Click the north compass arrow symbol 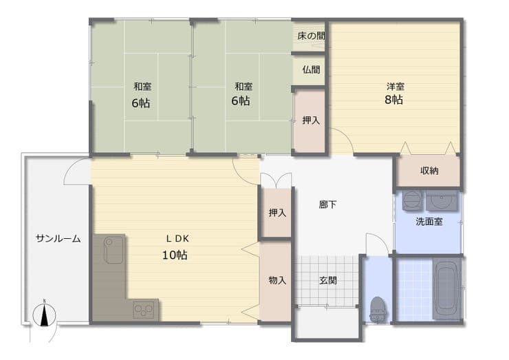[x=45, y=315]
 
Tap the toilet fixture [x=378, y=310]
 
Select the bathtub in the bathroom [x=447, y=289]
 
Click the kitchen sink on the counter [x=113, y=250]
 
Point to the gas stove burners [x=144, y=310]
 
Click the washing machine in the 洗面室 [x=413, y=200]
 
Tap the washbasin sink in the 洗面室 [x=442, y=200]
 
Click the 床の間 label [x=311, y=36]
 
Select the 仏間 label [x=312, y=70]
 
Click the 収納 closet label [x=429, y=171]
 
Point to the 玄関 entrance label [x=328, y=280]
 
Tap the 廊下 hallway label [x=327, y=204]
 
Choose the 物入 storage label [x=277, y=280]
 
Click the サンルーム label [x=58, y=239]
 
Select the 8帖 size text [x=393, y=99]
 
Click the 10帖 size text [x=175, y=255]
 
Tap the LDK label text [x=177, y=239]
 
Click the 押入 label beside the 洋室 [x=311, y=120]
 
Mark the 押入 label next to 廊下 [x=277, y=213]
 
